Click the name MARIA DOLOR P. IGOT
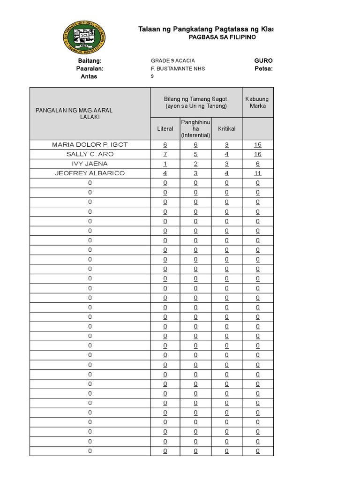pyautogui.click(x=90, y=144)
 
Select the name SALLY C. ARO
pyautogui.click(x=90, y=154)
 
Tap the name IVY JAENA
pyautogui.click(x=90, y=164)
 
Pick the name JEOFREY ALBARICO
pyautogui.click(x=90, y=173)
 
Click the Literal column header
pyautogui.click(x=165, y=128)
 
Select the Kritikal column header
pyautogui.click(x=226, y=128)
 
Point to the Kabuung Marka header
pyautogui.click(x=257, y=102)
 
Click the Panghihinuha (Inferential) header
pyautogui.click(x=196, y=128)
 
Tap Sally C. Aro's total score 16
pyautogui.click(x=258, y=154)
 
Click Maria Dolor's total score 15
pyautogui.click(x=258, y=144)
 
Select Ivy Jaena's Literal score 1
pyautogui.click(x=165, y=164)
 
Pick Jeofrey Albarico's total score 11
pyautogui.click(x=258, y=173)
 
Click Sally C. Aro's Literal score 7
pyautogui.click(x=165, y=154)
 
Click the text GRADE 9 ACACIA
pyautogui.click(x=172, y=61)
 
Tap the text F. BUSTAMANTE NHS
pyautogui.click(x=178, y=69)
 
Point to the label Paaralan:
pyautogui.click(x=90, y=69)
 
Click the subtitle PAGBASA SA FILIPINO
pyautogui.click(x=222, y=37)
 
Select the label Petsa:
pyautogui.click(x=263, y=69)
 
